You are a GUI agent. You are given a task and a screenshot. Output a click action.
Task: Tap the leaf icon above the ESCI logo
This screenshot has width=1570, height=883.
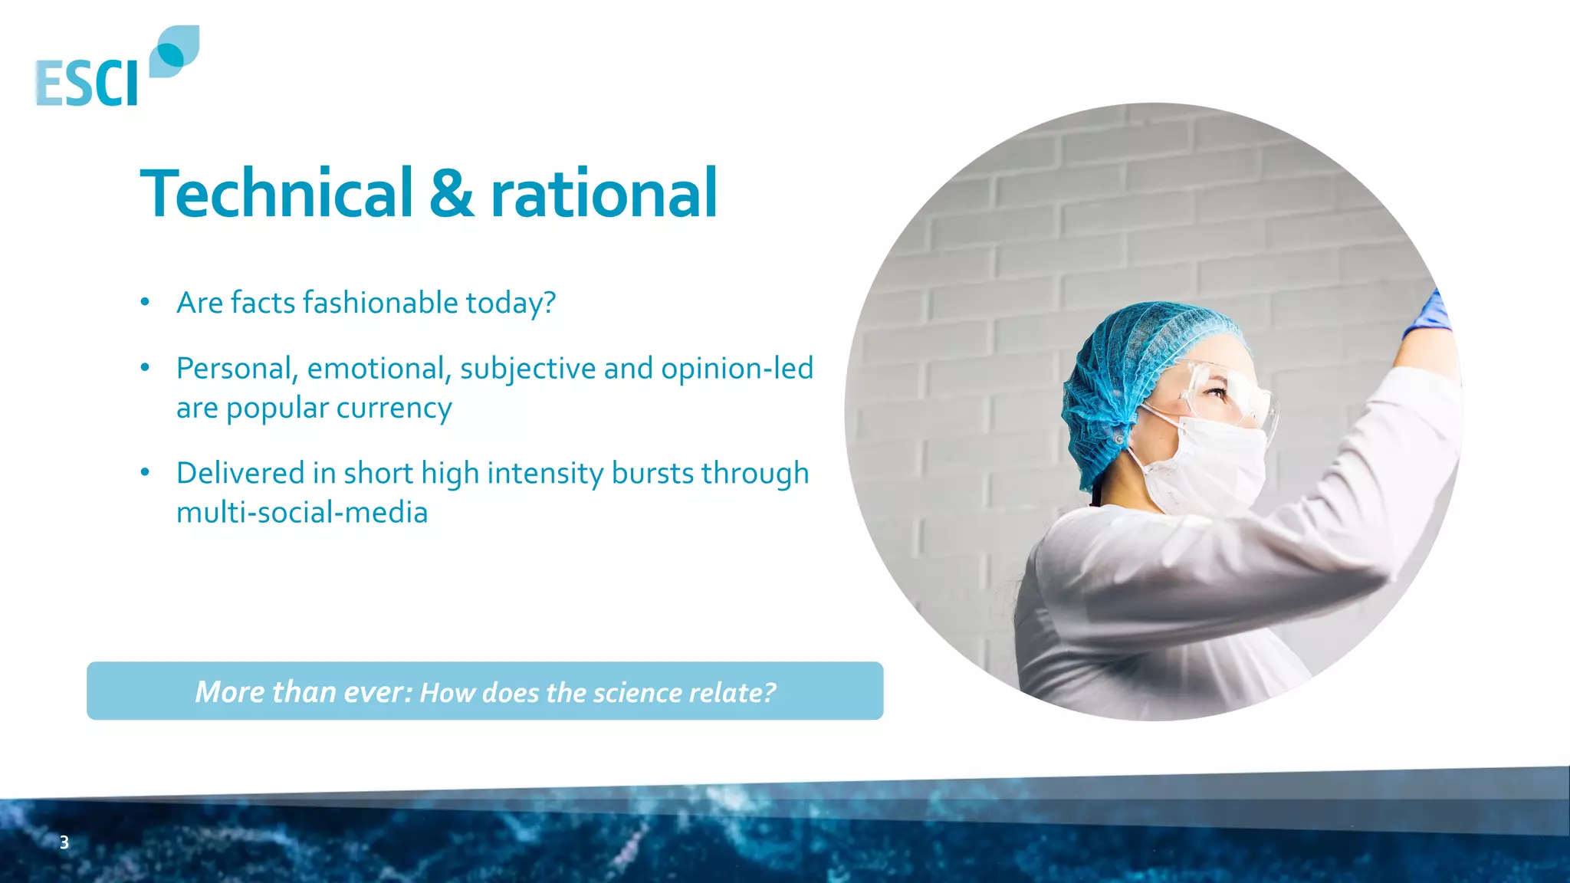[x=174, y=51]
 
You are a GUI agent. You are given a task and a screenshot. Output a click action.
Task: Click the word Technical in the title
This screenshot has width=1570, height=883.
[x=277, y=193]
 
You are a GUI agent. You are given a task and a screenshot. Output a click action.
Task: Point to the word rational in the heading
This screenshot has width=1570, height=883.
[x=603, y=193]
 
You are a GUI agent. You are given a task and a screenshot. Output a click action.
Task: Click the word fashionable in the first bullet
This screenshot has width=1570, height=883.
[x=380, y=303]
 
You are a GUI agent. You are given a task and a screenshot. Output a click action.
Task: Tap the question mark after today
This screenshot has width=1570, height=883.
[x=549, y=303]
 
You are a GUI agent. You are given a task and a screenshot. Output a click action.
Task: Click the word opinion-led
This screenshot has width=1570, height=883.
[x=737, y=369]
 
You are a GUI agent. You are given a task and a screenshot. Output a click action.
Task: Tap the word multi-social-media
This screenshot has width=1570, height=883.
[x=302, y=513]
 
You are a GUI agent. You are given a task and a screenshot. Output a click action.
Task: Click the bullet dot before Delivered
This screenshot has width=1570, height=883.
[x=145, y=472]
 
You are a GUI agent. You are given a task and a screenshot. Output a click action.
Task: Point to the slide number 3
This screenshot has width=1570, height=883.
[x=64, y=842]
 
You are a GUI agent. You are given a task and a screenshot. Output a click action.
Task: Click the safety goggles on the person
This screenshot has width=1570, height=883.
[x=1227, y=399]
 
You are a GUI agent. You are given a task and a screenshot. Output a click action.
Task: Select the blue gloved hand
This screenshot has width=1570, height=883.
[x=1429, y=314]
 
